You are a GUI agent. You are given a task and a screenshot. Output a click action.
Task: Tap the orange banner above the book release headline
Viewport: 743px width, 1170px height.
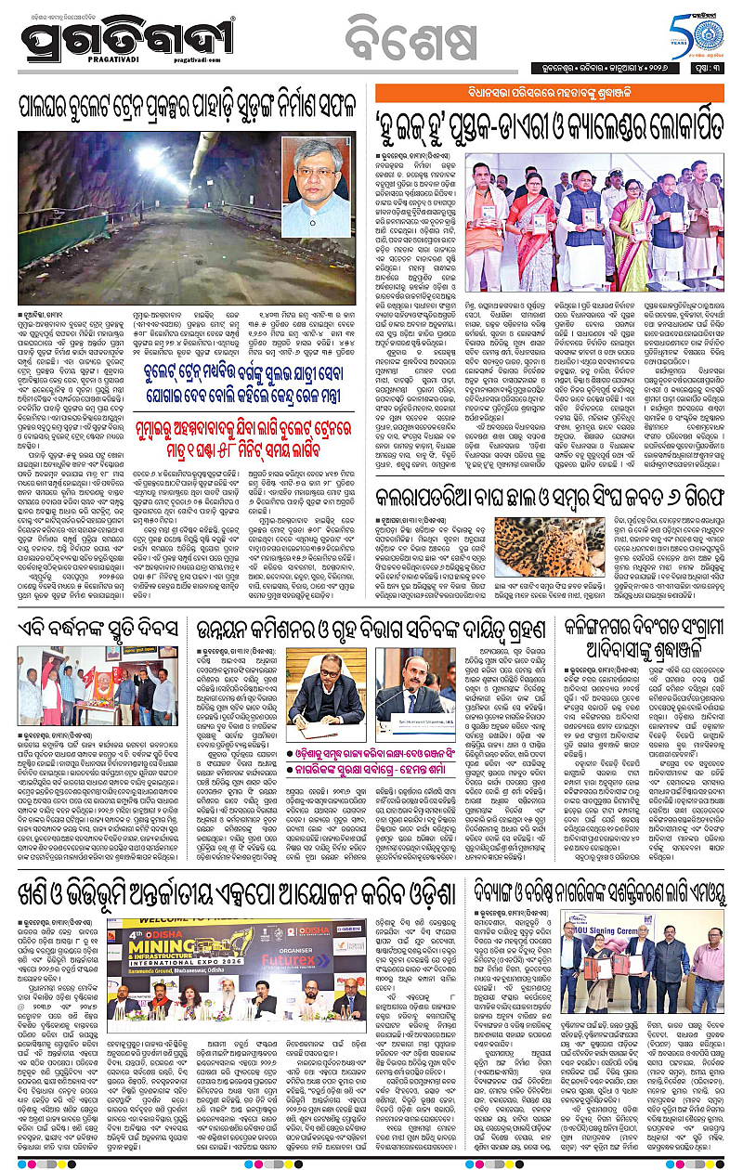point(548,92)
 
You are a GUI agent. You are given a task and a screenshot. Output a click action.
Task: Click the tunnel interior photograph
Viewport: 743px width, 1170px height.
point(146,200)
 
